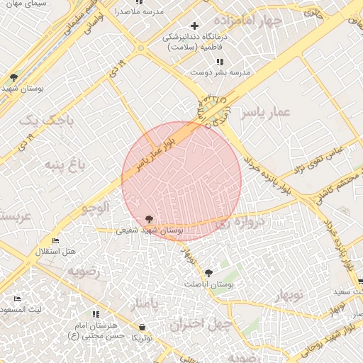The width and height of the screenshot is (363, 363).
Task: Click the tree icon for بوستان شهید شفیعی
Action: [149, 219]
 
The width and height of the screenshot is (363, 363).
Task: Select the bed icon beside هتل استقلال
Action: [56, 241]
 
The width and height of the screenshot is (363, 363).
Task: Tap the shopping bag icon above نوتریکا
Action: [143, 327]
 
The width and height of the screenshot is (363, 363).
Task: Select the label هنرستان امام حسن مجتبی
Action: [99, 330]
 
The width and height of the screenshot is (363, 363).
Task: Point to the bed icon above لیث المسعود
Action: [18, 299]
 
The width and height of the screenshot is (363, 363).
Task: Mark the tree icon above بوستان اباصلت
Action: [208, 273]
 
